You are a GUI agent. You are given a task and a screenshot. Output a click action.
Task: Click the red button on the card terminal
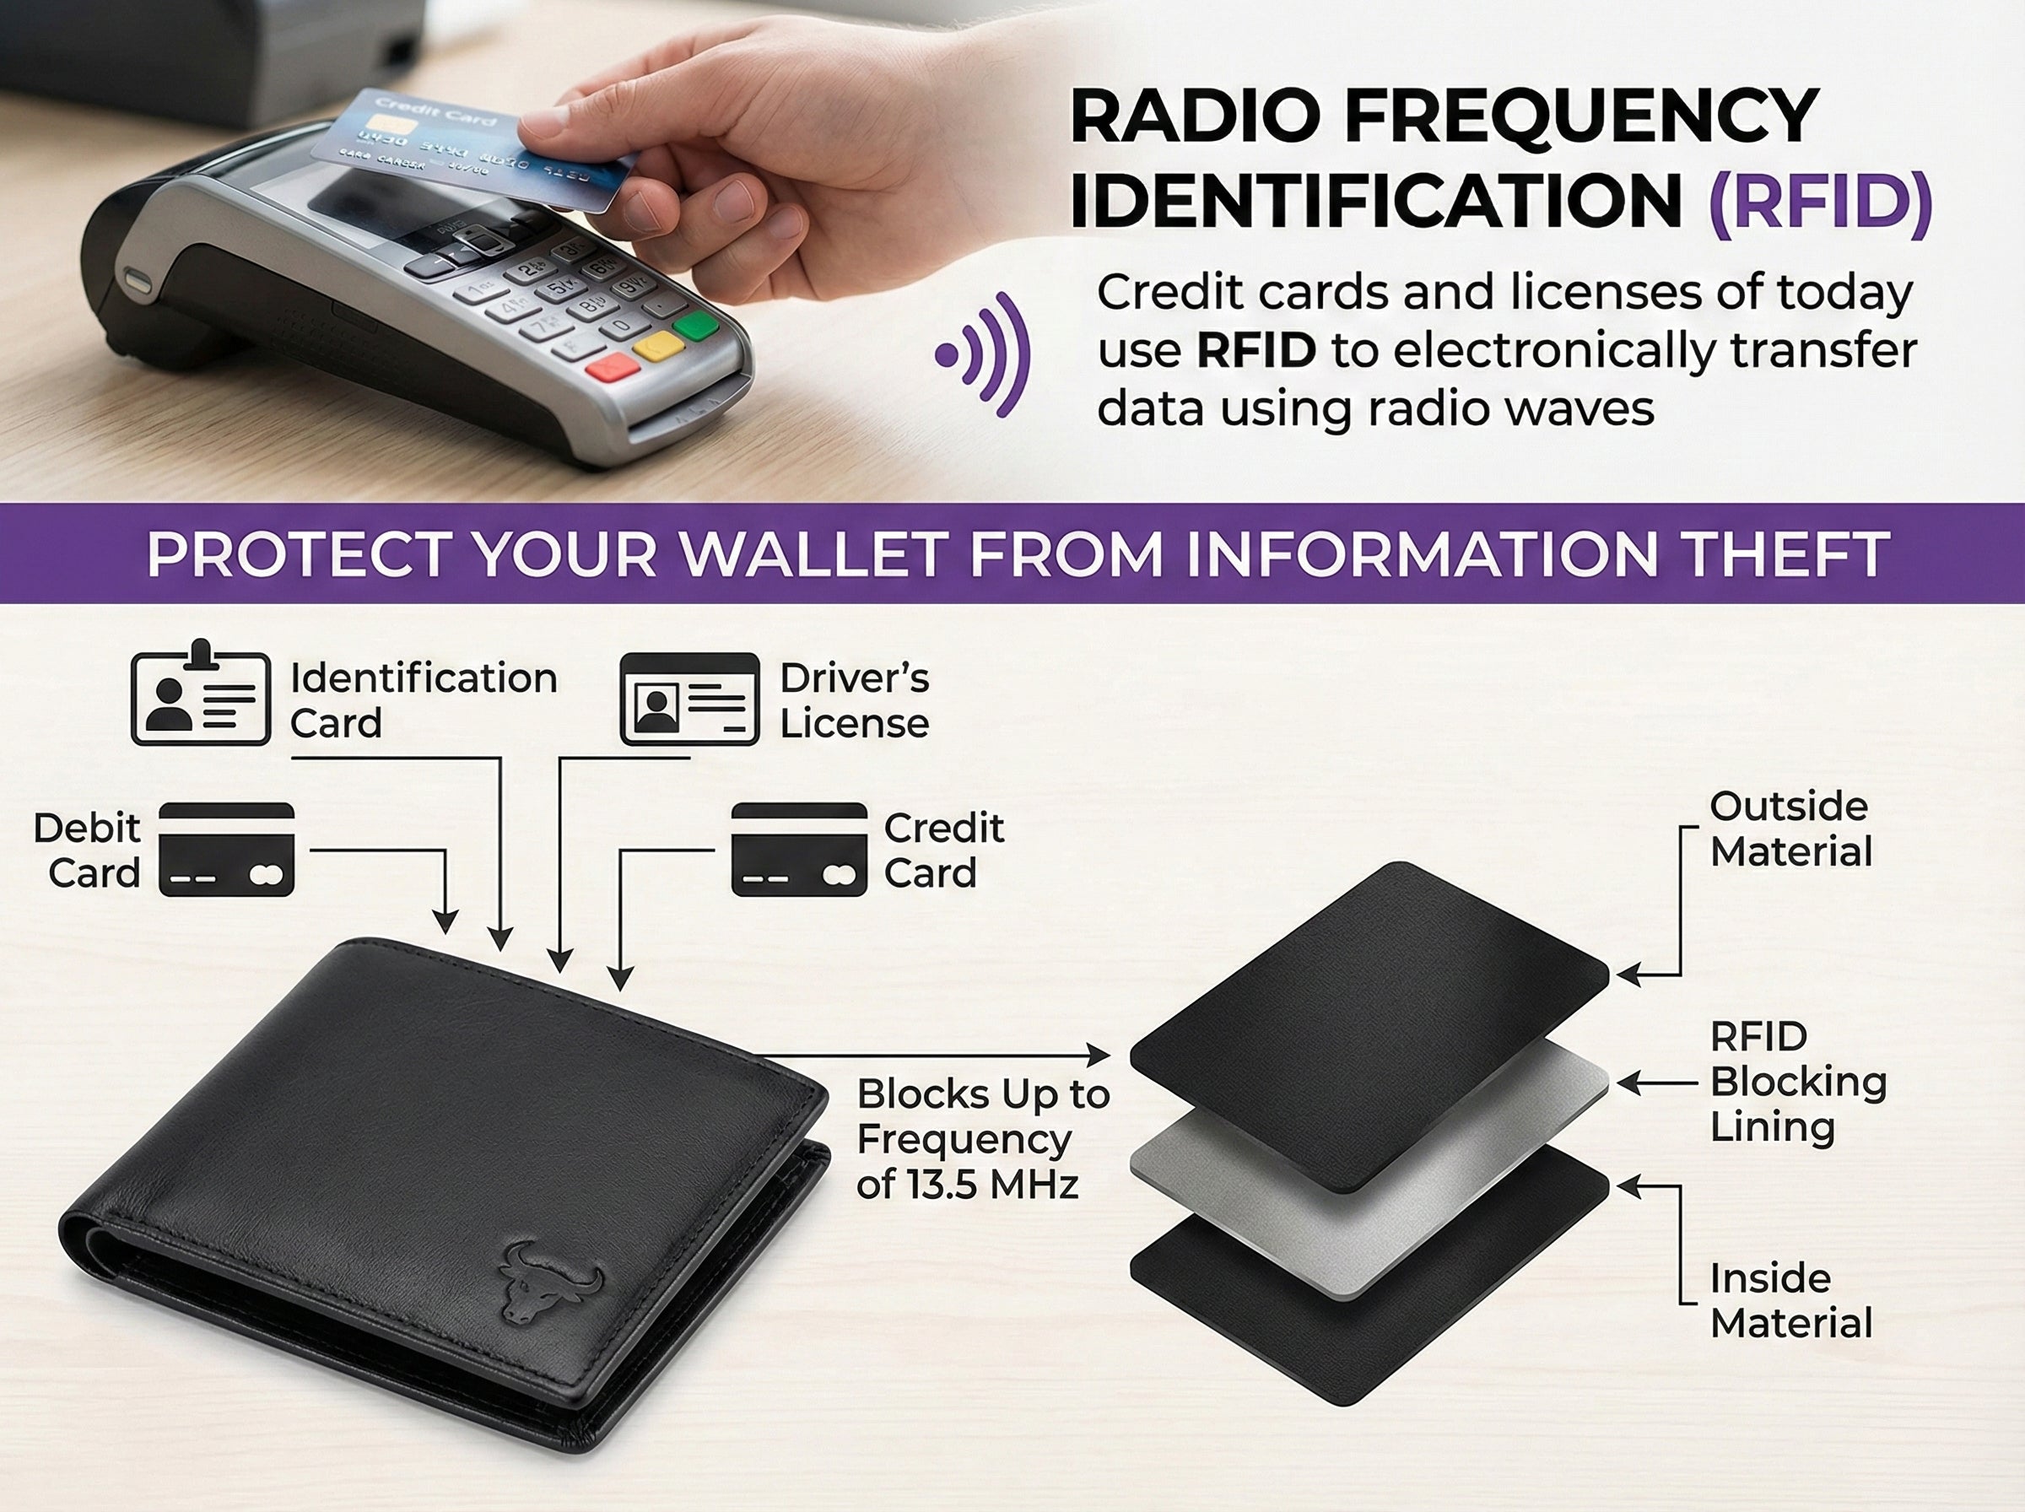[x=613, y=367]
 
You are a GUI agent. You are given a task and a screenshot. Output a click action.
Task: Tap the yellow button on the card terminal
[x=658, y=345]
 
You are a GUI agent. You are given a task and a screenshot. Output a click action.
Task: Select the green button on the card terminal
[x=697, y=324]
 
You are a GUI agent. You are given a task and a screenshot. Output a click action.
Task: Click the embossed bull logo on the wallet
[x=548, y=1282]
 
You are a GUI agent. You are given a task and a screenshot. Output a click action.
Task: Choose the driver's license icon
[x=689, y=699]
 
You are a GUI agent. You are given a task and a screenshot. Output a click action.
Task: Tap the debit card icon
[x=226, y=850]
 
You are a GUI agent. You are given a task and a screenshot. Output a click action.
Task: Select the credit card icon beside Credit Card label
[x=798, y=850]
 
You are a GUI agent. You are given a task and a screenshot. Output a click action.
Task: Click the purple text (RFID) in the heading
[x=1820, y=201]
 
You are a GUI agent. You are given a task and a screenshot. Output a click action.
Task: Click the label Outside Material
[x=1790, y=829]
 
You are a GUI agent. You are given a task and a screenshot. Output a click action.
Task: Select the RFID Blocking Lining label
[x=1797, y=1082]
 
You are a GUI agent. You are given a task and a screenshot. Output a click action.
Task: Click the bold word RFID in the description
[x=1255, y=352]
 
